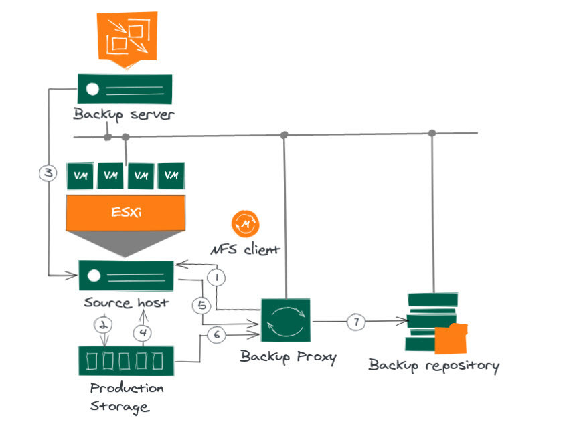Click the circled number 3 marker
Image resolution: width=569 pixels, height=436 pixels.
point(48,173)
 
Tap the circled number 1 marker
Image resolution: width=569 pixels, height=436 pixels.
point(216,278)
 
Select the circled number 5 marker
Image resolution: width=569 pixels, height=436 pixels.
point(201,305)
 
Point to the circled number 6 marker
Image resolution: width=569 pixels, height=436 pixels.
point(216,334)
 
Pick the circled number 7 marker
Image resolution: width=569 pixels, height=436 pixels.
point(356,322)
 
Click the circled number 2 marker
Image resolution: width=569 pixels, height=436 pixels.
point(103,325)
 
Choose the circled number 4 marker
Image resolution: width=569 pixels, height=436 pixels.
point(142,333)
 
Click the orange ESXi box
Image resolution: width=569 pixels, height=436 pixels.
point(126,213)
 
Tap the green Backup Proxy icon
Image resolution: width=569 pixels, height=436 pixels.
point(286,320)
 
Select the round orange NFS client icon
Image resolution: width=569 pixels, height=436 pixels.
point(245,224)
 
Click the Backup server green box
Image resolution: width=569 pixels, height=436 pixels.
point(125,89)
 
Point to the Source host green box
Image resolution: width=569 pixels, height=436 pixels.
point(126,276)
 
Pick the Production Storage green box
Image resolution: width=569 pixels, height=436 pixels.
point(127,361)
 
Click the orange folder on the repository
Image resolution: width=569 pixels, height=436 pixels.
point(451,338)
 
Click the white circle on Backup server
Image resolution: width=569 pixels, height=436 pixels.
point(92,89)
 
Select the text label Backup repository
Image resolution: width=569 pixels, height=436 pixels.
point(434,366)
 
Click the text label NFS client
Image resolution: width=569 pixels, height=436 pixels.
point(245,249)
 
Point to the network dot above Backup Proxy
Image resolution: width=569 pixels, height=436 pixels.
point(284,135)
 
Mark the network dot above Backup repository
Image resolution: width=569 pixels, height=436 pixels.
point(432,133)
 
